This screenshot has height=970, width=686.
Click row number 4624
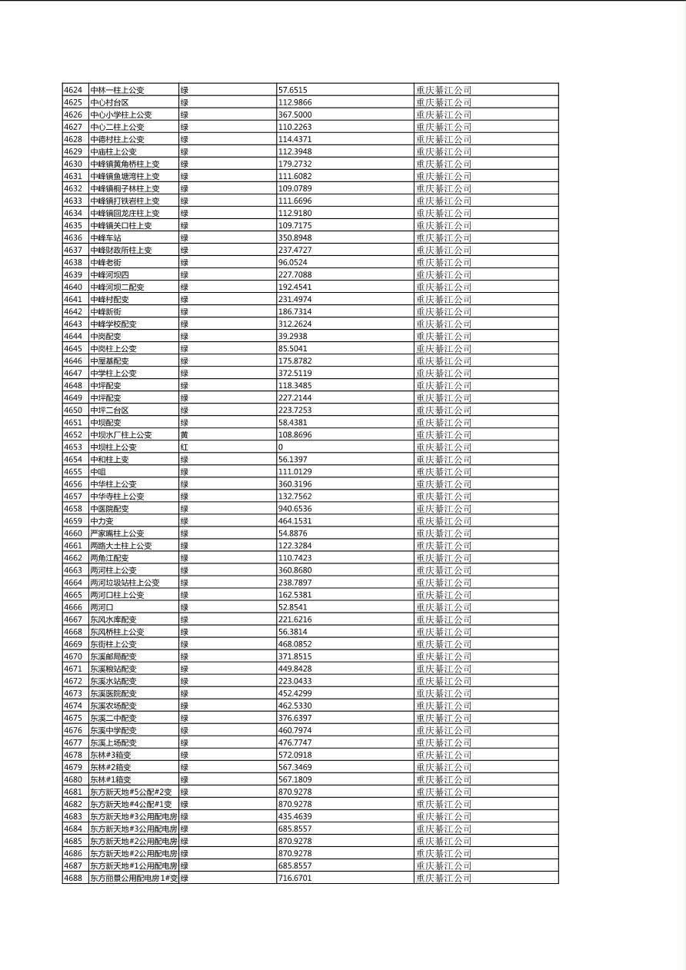point(73,90)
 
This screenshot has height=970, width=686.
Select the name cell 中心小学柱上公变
point(121,115)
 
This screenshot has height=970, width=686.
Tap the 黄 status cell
point(185,434)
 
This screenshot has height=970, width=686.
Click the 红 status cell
point(185,447)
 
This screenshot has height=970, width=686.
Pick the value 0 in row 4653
point(281,447)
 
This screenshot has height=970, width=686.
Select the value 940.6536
point(295,508)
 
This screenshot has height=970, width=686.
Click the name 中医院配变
point(109,508)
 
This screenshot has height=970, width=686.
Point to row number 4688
point(73,878)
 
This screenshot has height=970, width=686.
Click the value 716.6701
point(295,878)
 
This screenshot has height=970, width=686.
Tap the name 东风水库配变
point(113,620)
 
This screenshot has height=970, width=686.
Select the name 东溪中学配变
point(113,730)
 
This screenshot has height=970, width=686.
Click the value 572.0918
point(295,755)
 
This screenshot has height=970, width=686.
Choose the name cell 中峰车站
point(105,238)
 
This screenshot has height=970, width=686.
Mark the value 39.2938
point(292,336)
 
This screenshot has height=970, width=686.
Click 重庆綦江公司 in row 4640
point(444,287)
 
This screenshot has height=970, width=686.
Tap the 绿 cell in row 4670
point(185,656)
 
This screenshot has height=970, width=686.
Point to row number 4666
point(73,607)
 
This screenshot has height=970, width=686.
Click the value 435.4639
point(295,816)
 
